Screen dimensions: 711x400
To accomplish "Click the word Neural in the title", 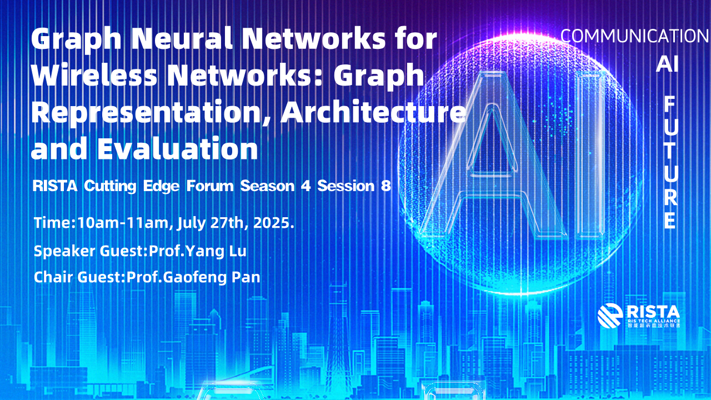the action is pyautogui.click(x=183, y=38).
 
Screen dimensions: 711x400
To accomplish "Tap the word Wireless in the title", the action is pyautogui.click(x=94, y=75).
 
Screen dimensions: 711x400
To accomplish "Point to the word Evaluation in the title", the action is pyautogui.click(x=178, y=148).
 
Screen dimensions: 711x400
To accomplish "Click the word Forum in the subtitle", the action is pyautogui.click(x=210, y=186).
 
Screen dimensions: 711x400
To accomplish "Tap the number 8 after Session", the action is pyautogui.click(x=385, y=186).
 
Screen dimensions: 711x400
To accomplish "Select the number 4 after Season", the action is pyautogui.click(x=306, y=186).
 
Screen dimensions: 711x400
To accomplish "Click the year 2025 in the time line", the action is pyautogui.click(x=272, y=223).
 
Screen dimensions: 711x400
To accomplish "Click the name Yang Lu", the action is pyautogui.click(x=216, y=251).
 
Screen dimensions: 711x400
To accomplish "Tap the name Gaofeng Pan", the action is pyautogui.click(x=212, y=277).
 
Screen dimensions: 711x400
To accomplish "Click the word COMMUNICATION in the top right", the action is pyautogui.click(x=634, y=36).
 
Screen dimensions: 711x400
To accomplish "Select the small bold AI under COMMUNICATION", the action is pyautogui.click(x=667, y=64).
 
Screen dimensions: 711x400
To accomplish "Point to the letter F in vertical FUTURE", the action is pyautogui.click(x=670, y=105).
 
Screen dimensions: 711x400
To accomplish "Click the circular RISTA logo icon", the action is pyautogui.click(x=610, y=316).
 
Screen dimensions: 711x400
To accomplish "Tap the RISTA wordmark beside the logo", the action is pyautogui.click(x=653, y=312).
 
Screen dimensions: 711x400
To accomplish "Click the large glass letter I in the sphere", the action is pyautogui.click(x=590, y=154).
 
